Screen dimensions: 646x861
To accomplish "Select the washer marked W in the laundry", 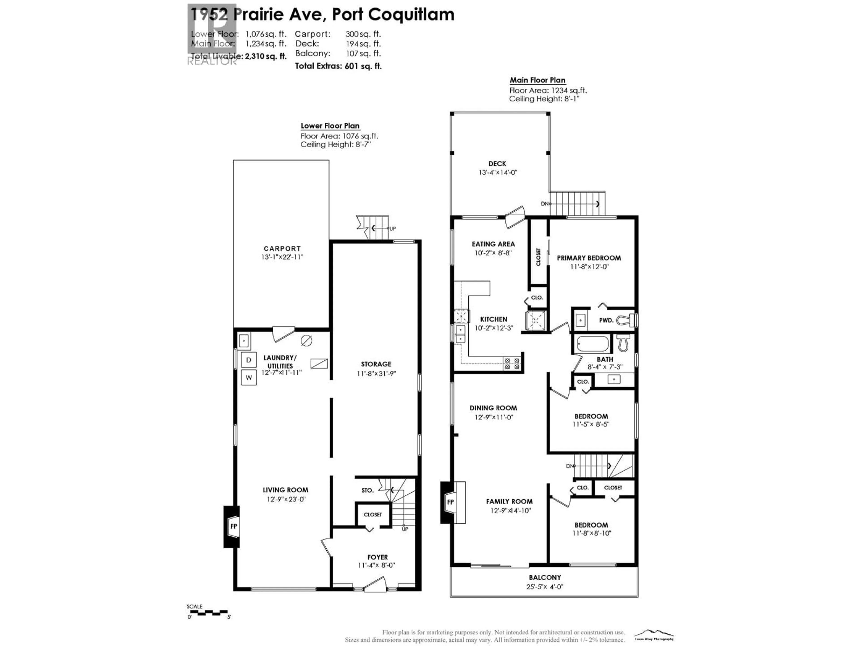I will tap(249, 377).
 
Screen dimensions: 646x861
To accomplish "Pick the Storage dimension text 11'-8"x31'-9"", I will tap(376, 373).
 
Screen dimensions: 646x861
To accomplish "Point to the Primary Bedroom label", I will tap(589, 258).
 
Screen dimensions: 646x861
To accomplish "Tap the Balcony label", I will tap(545, 577).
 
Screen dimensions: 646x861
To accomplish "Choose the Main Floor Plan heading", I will tap(537, 80).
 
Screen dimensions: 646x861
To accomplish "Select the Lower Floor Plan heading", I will tap(330, 126).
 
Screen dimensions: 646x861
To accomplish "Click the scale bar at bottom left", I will tap(208, 613).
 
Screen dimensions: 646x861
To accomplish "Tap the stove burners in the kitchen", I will tap(512, 363).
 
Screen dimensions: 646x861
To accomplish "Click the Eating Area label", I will tap(493, 244).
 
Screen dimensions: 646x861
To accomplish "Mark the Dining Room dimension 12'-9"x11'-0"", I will tap(494, 417).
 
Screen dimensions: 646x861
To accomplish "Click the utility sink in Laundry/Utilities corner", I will tap(244, 341).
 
